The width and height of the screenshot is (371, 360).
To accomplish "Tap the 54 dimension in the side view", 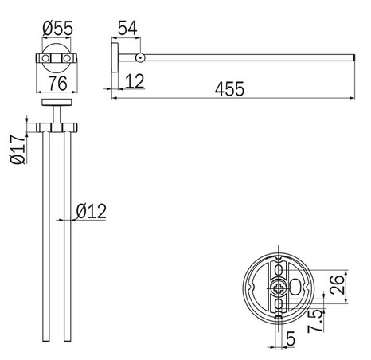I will click(x=127, y=28).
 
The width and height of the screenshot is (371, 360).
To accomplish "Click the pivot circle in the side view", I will click(x=140, y=58).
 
